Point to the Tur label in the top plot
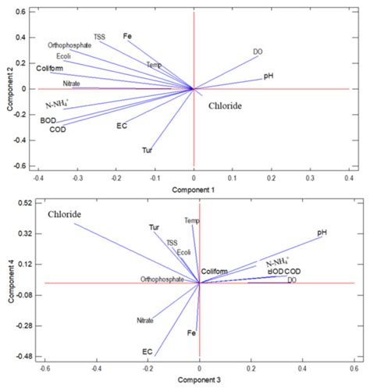(146, 149)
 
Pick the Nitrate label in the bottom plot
(144, 320)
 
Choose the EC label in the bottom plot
(147, 352)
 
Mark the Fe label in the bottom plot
(191, 333)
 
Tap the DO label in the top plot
(258, 52)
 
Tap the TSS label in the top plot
(100, 37)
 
